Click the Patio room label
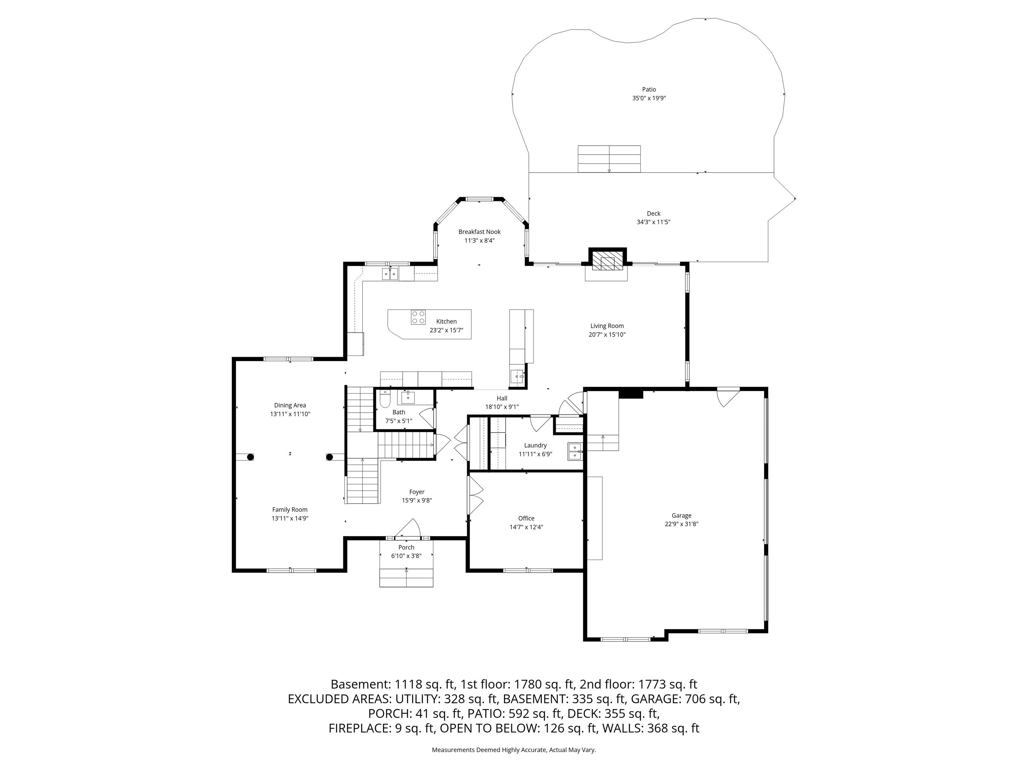649,89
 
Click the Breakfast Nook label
479,232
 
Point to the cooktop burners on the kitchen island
418,317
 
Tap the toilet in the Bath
384,399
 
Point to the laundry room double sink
575,451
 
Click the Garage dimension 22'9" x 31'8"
681,524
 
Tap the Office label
526,518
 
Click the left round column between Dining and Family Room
250,457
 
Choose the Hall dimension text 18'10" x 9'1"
502,407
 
